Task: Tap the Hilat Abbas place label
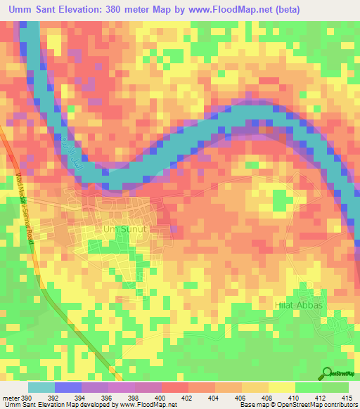pos(298,306)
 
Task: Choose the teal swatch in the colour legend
pos(41,388)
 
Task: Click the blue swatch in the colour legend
pos(67,388)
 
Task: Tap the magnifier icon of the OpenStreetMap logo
pos(327,373)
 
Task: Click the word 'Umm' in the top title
pos(21,10)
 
